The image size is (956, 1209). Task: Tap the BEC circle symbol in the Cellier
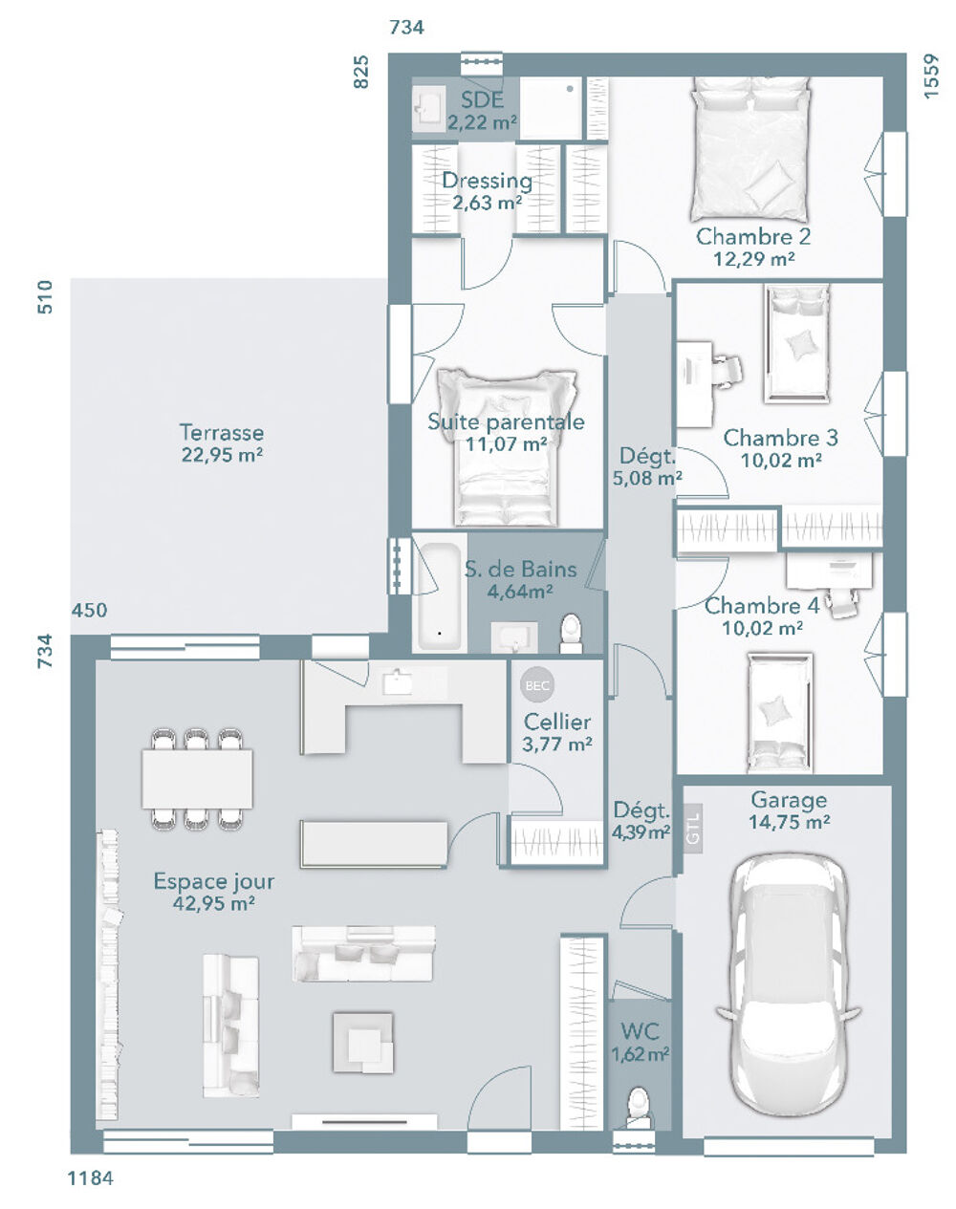click(x=536, y=684)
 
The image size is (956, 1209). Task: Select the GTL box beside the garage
click(x=693, y=827)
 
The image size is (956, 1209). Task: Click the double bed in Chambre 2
click(x=750, y=148)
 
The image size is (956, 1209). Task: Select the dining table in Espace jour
click(x=197, y=778)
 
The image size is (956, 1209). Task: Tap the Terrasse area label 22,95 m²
click(x=222, y=456)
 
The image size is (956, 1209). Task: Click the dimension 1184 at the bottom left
click(x=90, y=1178)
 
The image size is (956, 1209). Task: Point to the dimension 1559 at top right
click(x=932, y=75)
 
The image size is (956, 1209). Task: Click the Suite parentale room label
click(x=506, y=421)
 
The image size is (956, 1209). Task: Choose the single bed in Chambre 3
click(x=796, y=344)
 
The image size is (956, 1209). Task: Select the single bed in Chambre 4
click(x=779, y=712)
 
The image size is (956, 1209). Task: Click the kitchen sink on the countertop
click(x=397, y=681)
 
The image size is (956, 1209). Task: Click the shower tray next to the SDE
click(x=551, y=108)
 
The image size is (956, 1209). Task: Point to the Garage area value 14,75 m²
click(x=789, y=821)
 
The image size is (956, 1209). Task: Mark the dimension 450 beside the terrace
click(x=89, y=610)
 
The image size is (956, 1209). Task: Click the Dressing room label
click(x=487, y=181)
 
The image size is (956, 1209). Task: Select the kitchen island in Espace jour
click(x=374, y=843)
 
